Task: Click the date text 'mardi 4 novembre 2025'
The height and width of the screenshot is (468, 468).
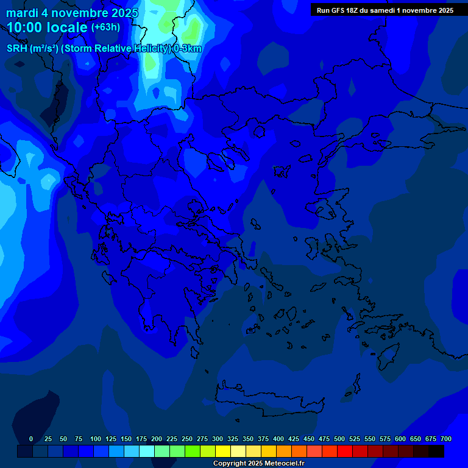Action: click(72, 13)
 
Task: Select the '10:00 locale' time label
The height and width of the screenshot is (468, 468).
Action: click(47, 27)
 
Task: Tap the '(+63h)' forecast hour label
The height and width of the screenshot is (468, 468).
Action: click(105, 27)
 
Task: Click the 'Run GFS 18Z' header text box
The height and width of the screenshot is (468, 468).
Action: click(385, 10)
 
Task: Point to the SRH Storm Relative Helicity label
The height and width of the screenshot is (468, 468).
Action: click(104, 49)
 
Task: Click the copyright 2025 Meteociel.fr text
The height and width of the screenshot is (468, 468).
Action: click(258, 464)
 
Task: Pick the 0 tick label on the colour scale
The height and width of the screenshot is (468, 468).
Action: click(31, 439)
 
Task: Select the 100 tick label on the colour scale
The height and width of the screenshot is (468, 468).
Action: click(96, 439)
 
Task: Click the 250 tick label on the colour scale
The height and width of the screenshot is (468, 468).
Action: click(187, 439)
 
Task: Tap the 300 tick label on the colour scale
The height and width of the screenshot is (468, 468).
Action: click(218, 439)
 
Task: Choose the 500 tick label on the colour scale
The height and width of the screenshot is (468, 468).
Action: click(339, 439)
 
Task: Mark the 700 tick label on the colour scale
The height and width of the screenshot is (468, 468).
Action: click(446, 439)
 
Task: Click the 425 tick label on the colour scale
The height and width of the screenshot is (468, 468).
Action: click(294, 439)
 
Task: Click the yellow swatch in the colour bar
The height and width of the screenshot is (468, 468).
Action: click(223, 452)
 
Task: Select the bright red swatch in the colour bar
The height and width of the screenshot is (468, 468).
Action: click(345, 452)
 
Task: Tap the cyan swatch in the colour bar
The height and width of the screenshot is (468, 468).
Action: click(147, 452)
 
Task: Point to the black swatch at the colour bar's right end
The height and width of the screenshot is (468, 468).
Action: click(436, 452)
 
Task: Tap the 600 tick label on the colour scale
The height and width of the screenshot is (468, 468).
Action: click(400, 439)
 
